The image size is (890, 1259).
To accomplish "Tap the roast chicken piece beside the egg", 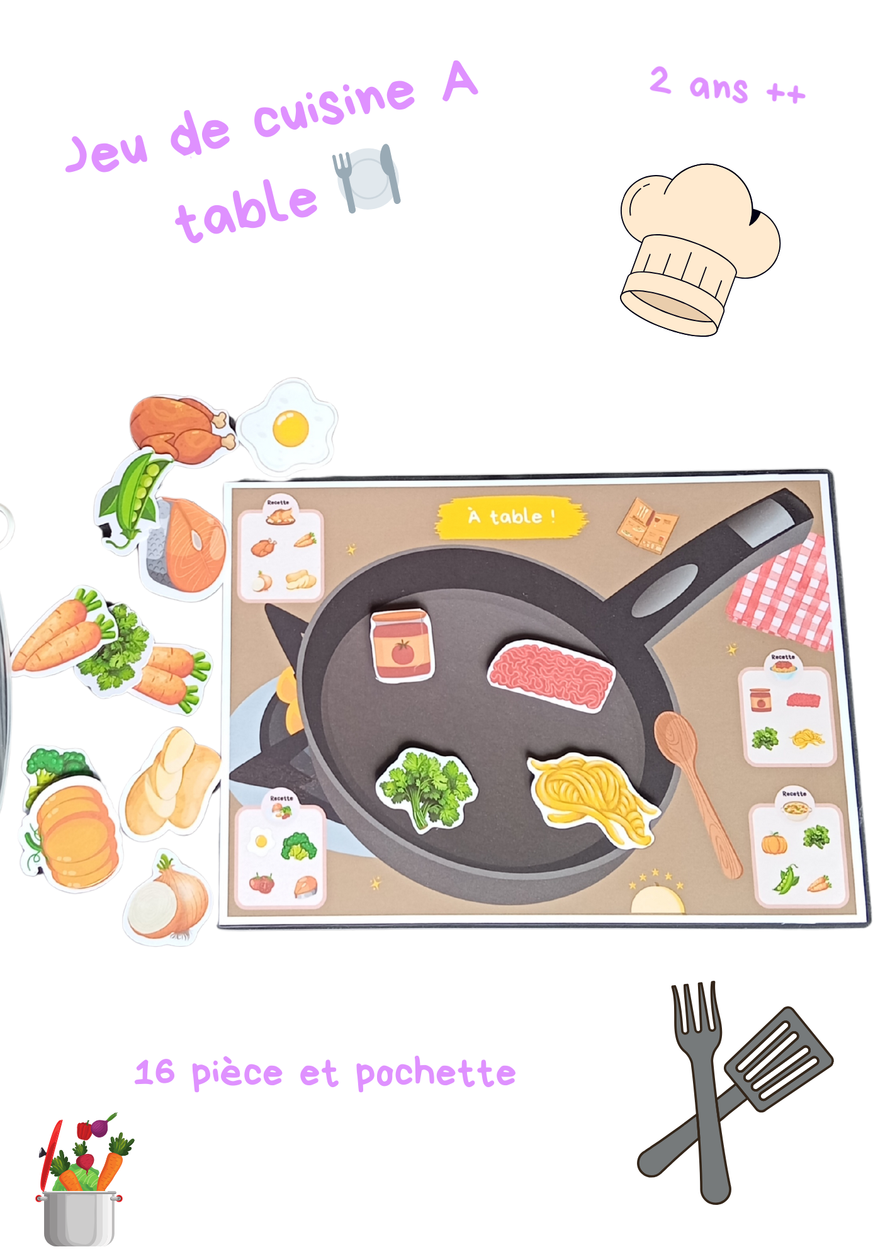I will [179, 428].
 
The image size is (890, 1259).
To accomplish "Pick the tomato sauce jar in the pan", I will [402, 645].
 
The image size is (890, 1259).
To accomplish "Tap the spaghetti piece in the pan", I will [592, 796].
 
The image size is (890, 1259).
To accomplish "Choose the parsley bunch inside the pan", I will [426, 787].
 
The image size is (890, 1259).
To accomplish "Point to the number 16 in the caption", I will [155, 1072].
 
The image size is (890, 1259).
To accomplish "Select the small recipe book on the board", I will [648, 526].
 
